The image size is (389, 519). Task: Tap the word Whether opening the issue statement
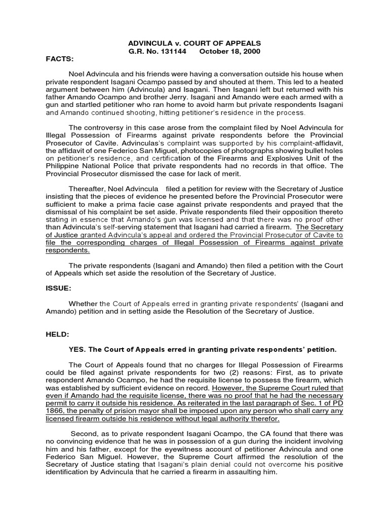[84, 304]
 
